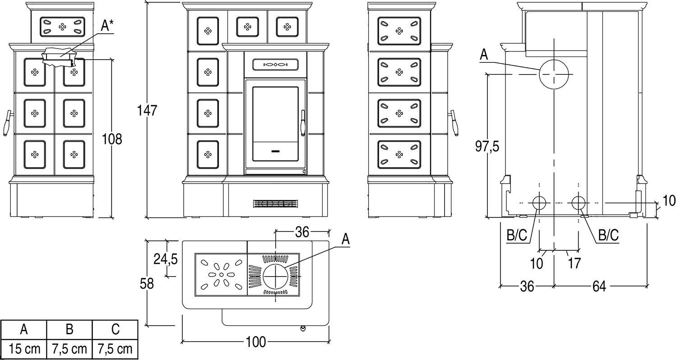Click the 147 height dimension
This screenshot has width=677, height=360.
pos(148,110)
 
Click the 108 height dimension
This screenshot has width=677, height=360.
pos(112,139)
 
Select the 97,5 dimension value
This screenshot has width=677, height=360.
pos(487,146)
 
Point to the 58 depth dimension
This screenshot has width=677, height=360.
pos(147,283)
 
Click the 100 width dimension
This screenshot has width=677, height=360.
pos(255,342)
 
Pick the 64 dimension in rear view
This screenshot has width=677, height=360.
pos(598,286)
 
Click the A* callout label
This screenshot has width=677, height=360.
pos(107,26)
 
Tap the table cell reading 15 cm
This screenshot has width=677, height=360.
pos(24,348)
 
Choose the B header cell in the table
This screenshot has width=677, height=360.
pos(70,329)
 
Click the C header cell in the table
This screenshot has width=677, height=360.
pos(115,329)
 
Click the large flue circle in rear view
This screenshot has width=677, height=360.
pos(554,74)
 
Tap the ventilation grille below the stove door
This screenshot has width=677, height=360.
pos(276,203)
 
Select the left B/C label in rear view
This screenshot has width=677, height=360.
pos(517,235)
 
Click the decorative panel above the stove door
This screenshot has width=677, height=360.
pos(275,65)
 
